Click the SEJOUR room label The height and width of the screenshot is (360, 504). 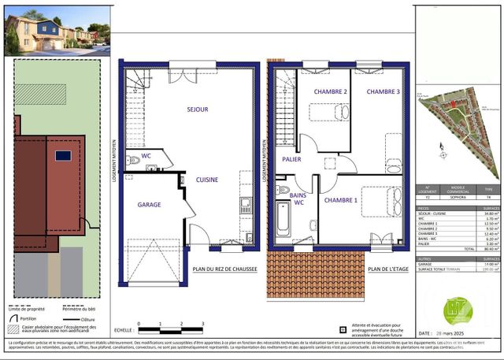[197, 109]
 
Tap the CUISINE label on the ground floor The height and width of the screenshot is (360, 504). [207, 180]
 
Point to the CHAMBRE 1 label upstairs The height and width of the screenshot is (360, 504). [340, 200]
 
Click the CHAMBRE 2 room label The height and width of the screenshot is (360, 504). [330, 92]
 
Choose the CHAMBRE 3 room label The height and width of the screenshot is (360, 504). [382, 92]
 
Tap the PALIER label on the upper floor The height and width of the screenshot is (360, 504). [291, 160]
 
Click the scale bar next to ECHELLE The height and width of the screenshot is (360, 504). [169, 325]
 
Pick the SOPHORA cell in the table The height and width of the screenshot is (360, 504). [459, 200]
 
